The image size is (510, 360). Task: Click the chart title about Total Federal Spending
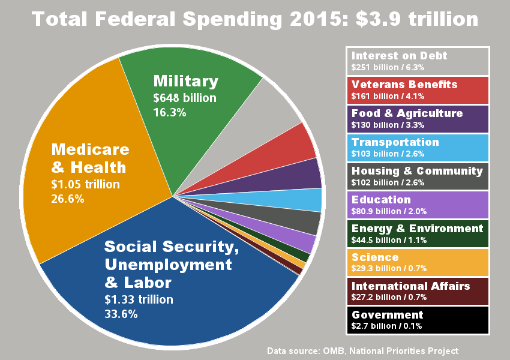click(255, 19)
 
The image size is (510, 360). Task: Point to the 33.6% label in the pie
click(121, 314)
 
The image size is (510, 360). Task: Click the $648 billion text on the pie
click(185, 98)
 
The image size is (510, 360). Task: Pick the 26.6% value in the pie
click(68, 199)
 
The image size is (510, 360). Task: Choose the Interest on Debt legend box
click(418, 61)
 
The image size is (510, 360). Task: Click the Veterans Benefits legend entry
click(418, 90)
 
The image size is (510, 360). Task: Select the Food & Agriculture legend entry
click(418, 119)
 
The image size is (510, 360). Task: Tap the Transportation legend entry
click(418, 148)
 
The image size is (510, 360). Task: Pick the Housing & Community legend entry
click(418, 176)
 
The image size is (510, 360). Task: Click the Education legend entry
click(418, 205)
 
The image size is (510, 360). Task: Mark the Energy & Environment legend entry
click(418, 234)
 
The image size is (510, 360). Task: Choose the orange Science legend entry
click(418, 263)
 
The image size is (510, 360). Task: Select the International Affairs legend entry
click(418, 292)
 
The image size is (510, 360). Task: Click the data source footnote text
click(362, 350)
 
